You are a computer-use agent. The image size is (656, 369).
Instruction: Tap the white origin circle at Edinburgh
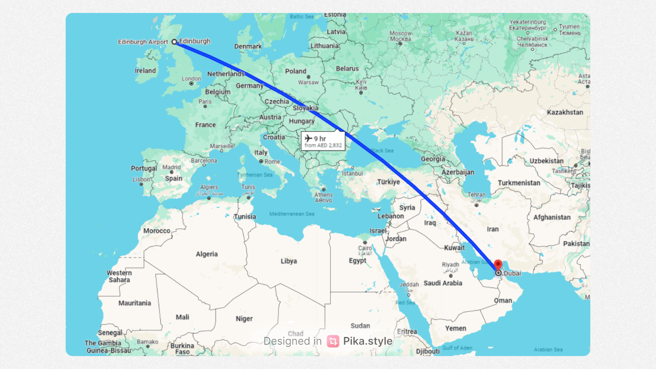click(x=175, y=42)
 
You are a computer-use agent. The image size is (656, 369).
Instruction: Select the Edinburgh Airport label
click(x=143, y=42)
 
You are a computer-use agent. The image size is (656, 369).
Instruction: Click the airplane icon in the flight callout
click(x=309, y=139)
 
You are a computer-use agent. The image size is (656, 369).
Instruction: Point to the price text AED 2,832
click(x=330, y=146)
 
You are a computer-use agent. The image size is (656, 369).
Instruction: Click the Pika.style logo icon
click(x=333, y=341)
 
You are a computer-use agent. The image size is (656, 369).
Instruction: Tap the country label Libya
click(x=289, y=261)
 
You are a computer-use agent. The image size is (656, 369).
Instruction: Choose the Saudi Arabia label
click(x=443, y=283)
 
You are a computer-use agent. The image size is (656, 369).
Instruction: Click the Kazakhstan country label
click(x=565, y=112)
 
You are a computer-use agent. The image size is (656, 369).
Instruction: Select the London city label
click(x=191, y=79)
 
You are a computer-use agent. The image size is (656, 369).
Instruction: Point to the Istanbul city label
click(x=352, y=174)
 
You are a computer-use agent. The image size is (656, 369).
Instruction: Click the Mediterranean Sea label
click(x=292, y=214)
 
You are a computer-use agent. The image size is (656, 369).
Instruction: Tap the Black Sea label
click(x=382, y=150)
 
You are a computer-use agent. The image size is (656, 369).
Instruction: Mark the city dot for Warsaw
click(x=309, y=77)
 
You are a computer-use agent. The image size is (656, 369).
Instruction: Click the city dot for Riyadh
click(x=451, y=276)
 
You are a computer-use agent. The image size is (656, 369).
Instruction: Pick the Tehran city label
click(x=477, y=195)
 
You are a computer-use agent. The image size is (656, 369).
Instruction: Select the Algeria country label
click(x=207, y=254)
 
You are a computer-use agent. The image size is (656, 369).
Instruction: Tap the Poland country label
click(x=296, y=71)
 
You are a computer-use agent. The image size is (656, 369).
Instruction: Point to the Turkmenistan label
click(x=519, y=183)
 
